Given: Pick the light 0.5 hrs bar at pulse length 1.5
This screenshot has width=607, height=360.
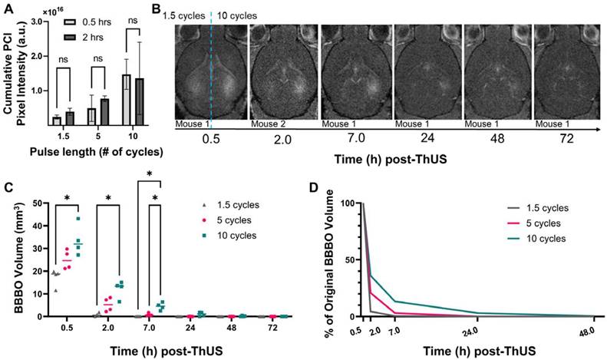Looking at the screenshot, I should pyautogui.click(x=57, y=120).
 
